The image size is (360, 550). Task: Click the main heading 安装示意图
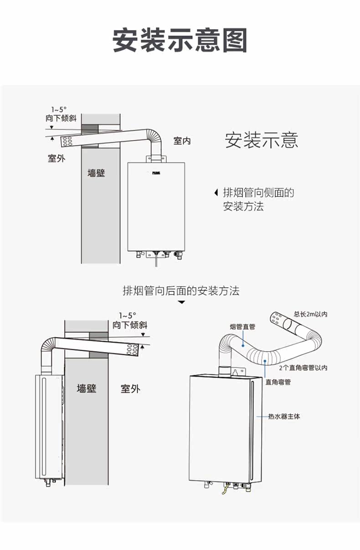click(x=180, y=40)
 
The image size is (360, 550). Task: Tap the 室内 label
click(x=182, y=141)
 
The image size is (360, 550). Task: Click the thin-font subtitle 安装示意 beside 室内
click(x=262, y=140)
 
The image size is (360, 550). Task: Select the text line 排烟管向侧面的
click(x=258, y=192)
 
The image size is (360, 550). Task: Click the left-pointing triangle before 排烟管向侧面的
click(x=216, y=193)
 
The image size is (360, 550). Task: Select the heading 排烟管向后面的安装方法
click(x=181, y=291)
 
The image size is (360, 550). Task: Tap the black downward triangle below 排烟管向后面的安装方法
click(x=181, y=302)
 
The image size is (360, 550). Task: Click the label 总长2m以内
click(x=311, y=314)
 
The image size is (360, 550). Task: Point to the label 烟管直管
click(x=242, y=327)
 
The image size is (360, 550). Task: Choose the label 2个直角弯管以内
click(x=303, y=368)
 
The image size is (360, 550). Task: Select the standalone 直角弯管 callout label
click(x=278, y=382)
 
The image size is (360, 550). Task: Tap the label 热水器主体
click(x=284, y=416)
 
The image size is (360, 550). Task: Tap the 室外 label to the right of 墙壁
click(x=130, y=389)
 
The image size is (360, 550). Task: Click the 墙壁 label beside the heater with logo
click(x=96, y=173)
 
